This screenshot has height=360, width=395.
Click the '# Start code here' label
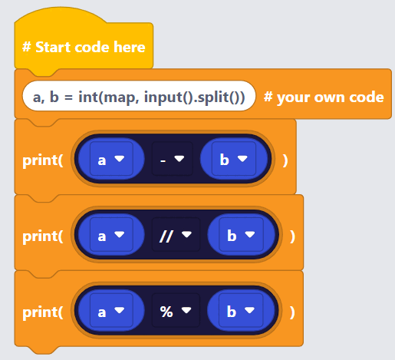click(84, 47)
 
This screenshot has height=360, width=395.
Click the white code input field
click(139, 96)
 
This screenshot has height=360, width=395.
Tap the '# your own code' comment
click(324, 97)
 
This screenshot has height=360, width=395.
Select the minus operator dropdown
click(173, 159)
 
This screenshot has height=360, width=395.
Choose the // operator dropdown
click(176, 235)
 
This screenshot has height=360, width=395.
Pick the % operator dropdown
click(176, 310)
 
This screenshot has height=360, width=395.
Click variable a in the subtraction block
click(111, 159)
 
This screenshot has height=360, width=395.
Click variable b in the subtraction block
click(234, 159)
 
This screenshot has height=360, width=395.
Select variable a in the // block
click(111, 235)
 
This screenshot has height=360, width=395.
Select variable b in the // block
click(241, 235)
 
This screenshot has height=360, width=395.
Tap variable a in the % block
click(111, 310)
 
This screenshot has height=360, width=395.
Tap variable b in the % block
click(241, 310)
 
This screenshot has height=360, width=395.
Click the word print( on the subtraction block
click(43, 160)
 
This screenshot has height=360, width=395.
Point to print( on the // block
click(43, 236)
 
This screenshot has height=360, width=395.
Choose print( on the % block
click(43, 312)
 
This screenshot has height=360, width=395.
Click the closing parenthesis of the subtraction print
click(285, 160)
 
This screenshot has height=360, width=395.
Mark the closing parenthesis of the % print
click(292, 312)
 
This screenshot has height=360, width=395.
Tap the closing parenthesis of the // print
click(293, 236)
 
